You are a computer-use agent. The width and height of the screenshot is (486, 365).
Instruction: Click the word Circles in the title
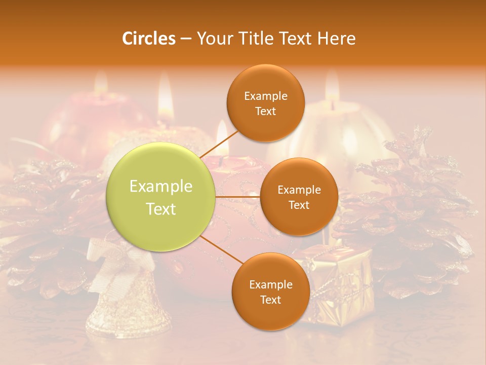tap(149, 39)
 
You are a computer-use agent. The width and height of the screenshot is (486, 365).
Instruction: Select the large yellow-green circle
tap(161, 197)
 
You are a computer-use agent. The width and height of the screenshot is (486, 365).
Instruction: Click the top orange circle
tap(265, 103)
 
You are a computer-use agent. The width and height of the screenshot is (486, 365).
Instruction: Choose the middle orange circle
tap(299, 197)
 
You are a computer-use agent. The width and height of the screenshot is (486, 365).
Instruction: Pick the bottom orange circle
tap(270, 291)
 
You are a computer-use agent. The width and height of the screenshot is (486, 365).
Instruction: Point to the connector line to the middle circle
tap(238, 197)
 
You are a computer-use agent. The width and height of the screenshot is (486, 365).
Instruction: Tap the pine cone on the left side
tap(46, 223)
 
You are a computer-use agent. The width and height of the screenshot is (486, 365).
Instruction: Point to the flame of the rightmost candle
tap(332, 84)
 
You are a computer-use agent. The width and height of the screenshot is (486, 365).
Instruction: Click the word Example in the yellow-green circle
tap(161, 187)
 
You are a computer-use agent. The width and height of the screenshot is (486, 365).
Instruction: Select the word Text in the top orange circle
tap(265, 112)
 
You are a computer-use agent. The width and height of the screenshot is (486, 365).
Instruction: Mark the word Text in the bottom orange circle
tap(270, 300)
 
